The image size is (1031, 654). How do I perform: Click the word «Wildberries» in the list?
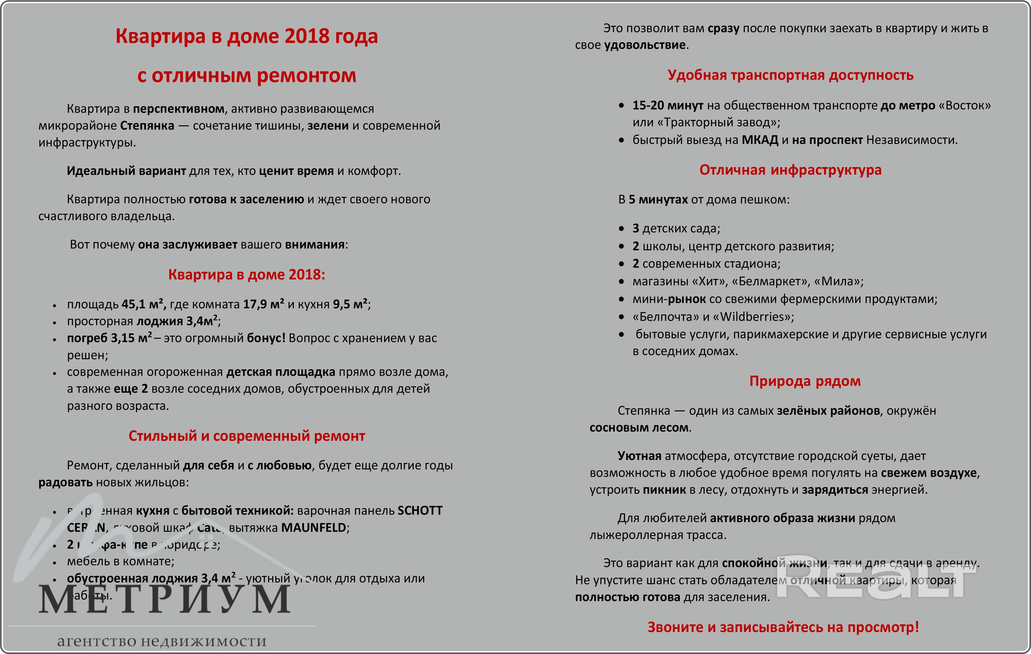point(756,317)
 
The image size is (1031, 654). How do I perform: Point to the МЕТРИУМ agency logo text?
point(165,600)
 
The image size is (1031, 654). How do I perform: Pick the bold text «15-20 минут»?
point(668,105)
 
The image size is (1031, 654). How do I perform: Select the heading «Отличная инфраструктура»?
point(791,170)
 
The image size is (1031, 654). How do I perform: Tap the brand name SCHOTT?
point(420,511)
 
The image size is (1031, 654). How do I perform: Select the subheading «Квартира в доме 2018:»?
point(247,275)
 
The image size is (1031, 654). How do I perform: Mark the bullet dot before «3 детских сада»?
point(621,229)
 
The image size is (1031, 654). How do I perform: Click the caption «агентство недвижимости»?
point(162,641)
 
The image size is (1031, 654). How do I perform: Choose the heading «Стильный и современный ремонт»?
point(247,436)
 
